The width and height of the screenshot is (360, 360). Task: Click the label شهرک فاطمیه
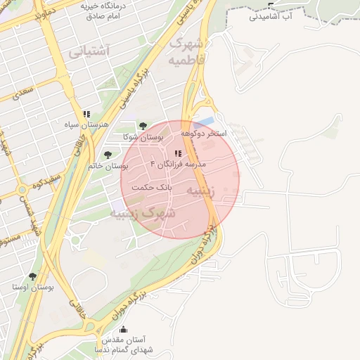click(x=187, y=52)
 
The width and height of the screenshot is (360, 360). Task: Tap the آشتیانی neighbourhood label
click(x=89, y=51)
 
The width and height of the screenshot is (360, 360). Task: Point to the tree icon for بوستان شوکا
click(x=143, y=125)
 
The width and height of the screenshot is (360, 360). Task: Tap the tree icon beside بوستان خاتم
click(x=108, y=155)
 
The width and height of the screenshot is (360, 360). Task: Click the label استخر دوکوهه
click(x=204, y=133)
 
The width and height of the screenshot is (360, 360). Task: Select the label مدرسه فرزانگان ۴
click(x=178, y=163)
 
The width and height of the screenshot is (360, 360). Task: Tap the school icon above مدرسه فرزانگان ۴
click(x=178, y=153)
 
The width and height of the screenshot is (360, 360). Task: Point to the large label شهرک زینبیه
click(x=147, y=212)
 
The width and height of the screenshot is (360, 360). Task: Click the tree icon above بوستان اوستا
click(x=32, y=277)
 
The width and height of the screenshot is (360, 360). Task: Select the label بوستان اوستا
click(x=33, y=288)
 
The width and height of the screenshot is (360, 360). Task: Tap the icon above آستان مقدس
click(x=124, y=330)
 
